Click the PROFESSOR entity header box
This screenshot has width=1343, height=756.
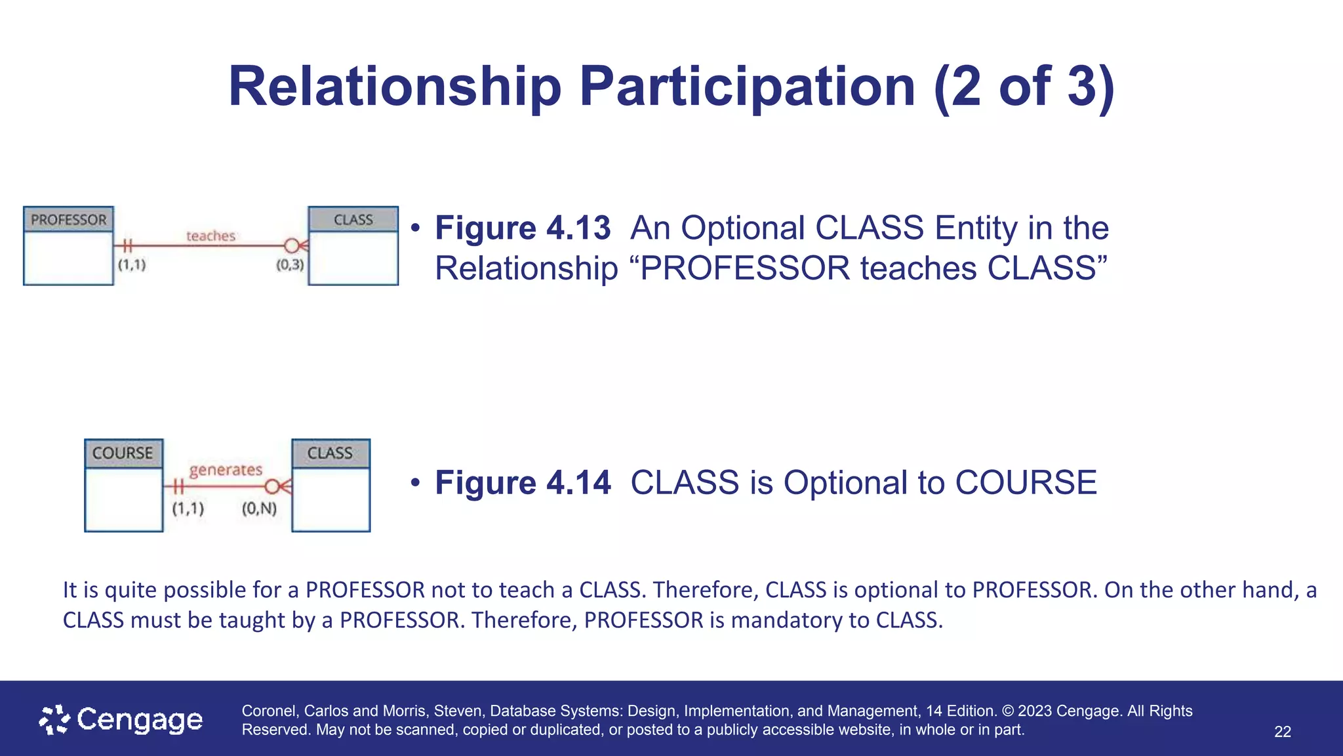coord(68,219)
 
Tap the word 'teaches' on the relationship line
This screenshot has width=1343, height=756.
coord(210,236)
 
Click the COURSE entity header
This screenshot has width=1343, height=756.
coord(123,453)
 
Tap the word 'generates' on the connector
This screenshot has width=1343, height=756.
coord(226,470)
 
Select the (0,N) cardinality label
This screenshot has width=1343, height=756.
coord(259,509)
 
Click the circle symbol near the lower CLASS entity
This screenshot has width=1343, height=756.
coord(272,487)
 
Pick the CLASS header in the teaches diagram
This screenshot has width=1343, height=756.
coord(353,219)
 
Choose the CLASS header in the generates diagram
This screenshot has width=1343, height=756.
coord(330,453)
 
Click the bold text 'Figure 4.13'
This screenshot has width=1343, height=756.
coord(523,228)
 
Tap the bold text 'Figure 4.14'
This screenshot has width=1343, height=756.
coord(523,483)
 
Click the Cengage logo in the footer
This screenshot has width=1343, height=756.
coord(121,720)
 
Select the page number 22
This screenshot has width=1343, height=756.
coord(1282,732)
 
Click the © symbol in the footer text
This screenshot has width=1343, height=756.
coord(1008,711)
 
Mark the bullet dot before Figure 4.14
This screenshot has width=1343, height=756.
coord(414,483)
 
